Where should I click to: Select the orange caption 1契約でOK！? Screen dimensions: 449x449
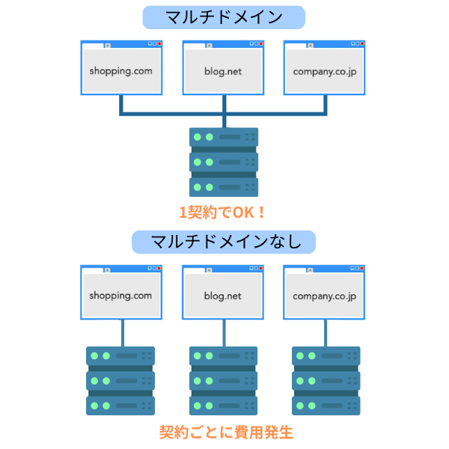(223, 212)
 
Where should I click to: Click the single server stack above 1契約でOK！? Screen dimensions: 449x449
(223, 162)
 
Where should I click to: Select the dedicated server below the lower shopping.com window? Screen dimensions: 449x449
(121, 380)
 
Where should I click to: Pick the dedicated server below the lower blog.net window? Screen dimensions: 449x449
(223, 380)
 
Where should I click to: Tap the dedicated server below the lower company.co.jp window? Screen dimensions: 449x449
(325, 380)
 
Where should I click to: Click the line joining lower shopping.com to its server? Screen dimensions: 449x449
(121, 333)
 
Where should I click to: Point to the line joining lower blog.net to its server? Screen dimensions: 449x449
(223, 333)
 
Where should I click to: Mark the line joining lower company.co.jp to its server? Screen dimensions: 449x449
(325, 333)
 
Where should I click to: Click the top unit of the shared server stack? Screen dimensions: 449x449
(223, 137)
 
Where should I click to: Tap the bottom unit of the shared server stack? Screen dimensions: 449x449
(223, 186)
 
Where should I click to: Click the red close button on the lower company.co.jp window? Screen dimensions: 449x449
(361, 268)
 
